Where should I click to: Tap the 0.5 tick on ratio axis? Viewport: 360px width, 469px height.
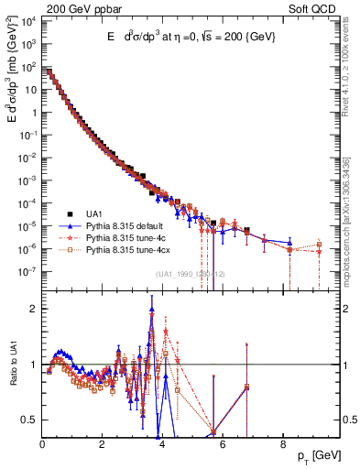point(28,420)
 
